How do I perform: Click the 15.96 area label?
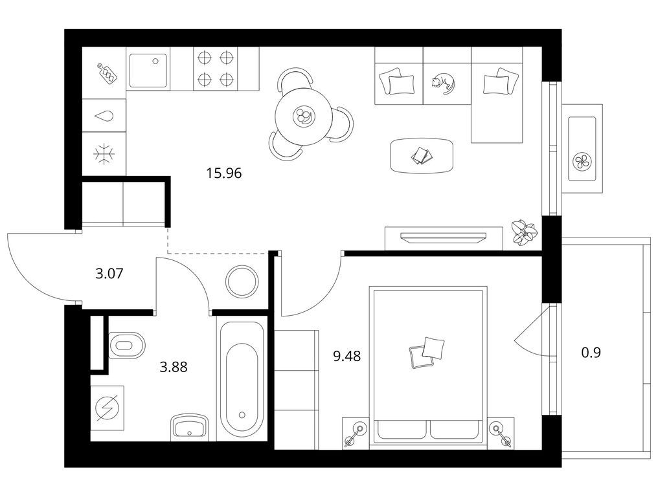[224, 173]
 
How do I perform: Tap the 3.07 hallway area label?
[109, 274]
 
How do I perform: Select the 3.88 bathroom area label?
[174, 368]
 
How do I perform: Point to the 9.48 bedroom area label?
[346, 357]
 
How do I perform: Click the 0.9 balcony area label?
[591, 353]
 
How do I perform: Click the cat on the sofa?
[443, 83]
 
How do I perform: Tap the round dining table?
[304, 116]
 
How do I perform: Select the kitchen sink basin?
[148, 71]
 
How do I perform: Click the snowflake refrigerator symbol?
[104, 154]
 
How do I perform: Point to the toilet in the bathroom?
[126, 346]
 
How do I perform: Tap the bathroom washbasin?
[190, 427]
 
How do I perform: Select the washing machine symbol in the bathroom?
[108, 408]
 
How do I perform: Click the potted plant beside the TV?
[524, 232]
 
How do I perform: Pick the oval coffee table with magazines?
[422, 155]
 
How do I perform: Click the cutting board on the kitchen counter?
[107, 74]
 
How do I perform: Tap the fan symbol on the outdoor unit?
[581, 161]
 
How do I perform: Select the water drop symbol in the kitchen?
[104, 116]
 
